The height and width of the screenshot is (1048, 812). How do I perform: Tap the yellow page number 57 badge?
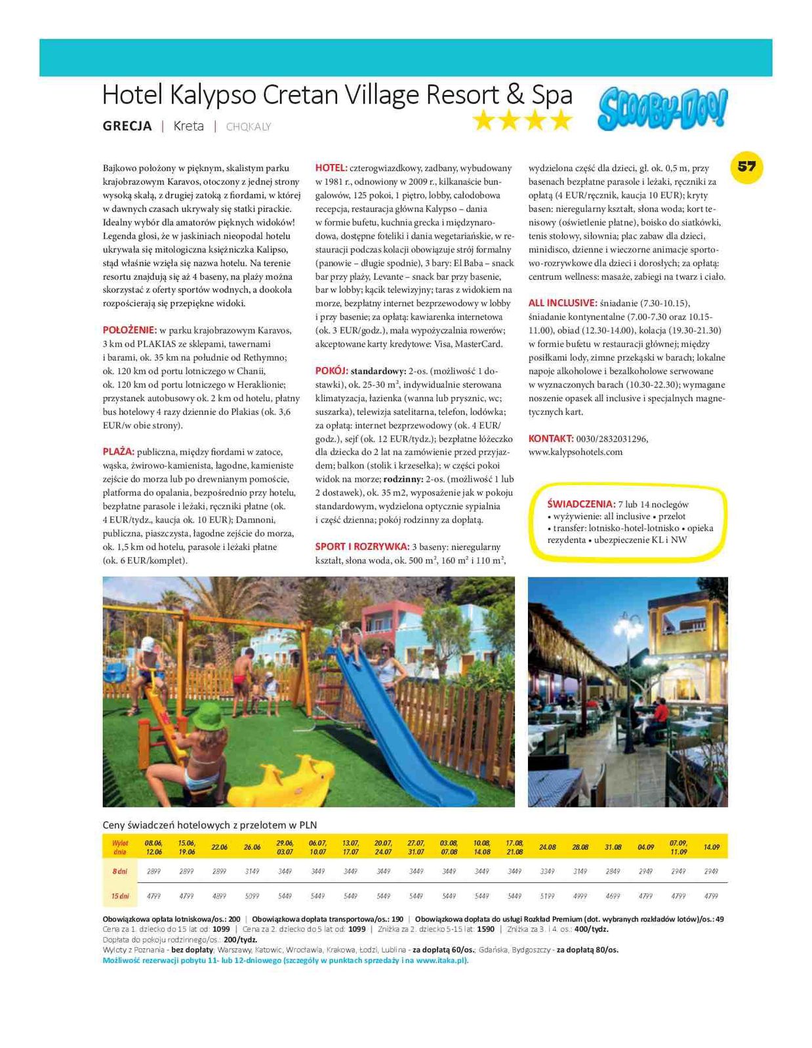tap(746, 166)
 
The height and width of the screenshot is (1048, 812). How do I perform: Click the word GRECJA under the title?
tap(127, 126)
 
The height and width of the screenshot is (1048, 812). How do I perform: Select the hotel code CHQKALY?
tap(248, 126)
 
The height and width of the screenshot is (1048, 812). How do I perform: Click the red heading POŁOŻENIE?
tap(129, 330)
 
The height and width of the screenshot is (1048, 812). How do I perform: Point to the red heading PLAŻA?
tap(118, 452)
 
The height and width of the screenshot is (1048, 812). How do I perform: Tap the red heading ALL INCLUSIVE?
tap(562, 303)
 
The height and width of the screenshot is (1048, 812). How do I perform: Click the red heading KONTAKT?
tap(550, 438)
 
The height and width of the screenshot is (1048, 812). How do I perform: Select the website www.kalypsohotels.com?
tap(575, 452)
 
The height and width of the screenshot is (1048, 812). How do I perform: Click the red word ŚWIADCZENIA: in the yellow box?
tap(580, 504)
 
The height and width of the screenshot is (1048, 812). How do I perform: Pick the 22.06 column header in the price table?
tap(219, 847)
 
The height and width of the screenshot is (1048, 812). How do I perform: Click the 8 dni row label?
tap(119, 871)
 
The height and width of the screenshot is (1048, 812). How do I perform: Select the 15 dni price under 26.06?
tap(252, 895)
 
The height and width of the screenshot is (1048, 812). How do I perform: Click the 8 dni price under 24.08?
tap(547, 871)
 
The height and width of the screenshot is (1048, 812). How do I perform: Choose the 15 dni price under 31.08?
tap(613, 895)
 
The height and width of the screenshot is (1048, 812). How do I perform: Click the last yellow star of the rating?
tap(561, 121)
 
